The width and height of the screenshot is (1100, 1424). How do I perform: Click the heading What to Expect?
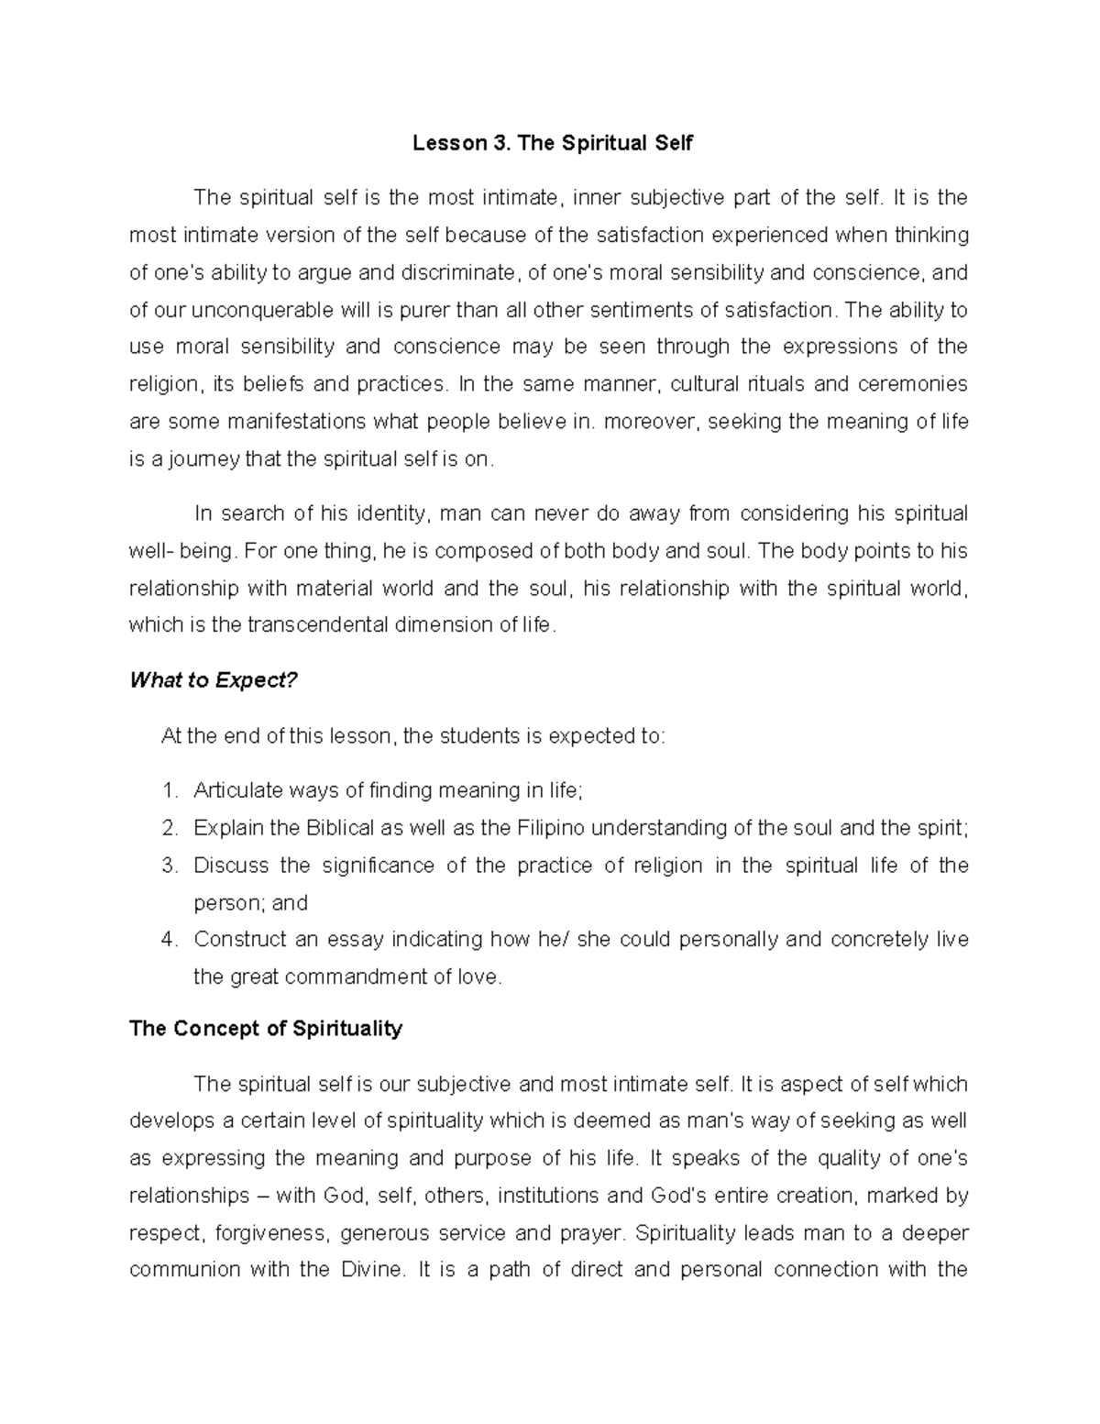pyautogui.click(x=214, y=680)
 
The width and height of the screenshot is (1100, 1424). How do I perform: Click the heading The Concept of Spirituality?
pyautogui.click(x=266, y=1029)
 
